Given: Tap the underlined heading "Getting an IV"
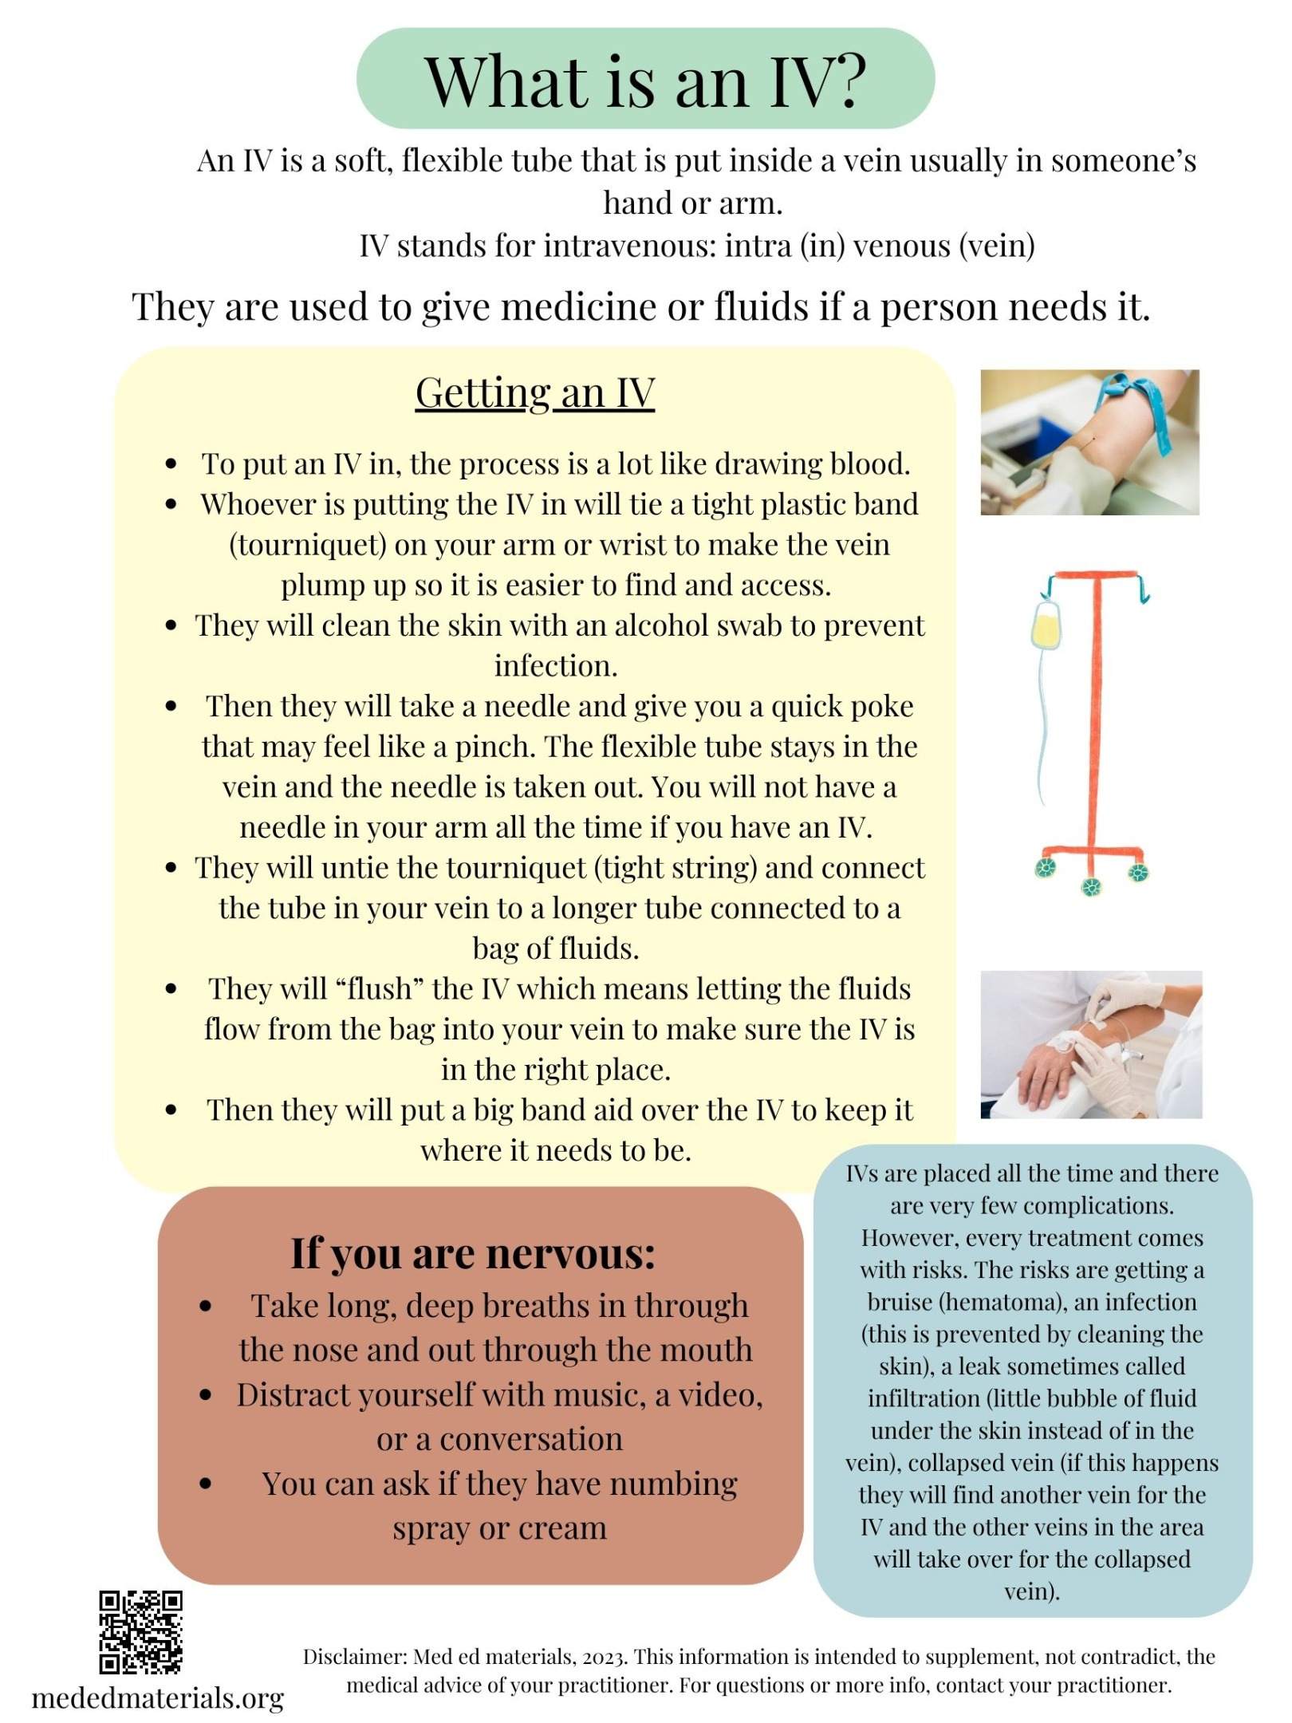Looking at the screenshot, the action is [535, 392].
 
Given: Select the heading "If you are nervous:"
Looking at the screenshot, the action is [473, 1253].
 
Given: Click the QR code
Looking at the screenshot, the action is [140, 1632].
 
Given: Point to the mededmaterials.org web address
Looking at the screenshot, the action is [158, 1698].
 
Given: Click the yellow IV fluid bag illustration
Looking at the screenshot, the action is [1046, 625].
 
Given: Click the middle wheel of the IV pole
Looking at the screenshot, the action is [1091, 886].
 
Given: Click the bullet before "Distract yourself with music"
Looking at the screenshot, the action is [206, 1395].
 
